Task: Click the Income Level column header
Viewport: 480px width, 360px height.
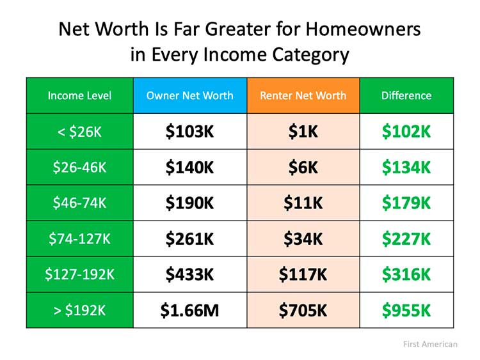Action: [x=79, y=96]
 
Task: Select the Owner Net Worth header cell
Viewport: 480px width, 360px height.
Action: [x=190, y=96]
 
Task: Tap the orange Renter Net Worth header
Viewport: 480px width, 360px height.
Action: [x=303, y=96]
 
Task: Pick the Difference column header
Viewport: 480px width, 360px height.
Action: [x=406, y=96]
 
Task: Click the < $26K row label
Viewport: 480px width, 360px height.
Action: [x=79, y=132]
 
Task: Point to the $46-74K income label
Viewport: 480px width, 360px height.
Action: [x=79, y=203]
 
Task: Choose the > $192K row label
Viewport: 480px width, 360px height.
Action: [x=79, y=311]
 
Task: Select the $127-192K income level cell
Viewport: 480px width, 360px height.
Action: [x=79, y=275]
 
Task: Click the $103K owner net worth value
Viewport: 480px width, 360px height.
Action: [x=190, y=132]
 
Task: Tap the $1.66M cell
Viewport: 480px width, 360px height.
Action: [x=190, y=311]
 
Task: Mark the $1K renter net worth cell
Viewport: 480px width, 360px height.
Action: [x=303, y=132]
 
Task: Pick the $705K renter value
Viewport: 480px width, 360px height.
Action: [x=303, y=311]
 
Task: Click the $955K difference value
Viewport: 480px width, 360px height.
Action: [x=406, y=311]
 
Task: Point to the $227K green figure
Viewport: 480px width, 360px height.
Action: [x=406, y=239]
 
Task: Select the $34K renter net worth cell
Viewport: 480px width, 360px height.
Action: [x=303, y=239]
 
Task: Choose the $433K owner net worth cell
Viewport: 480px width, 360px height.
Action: [x=190, y=275]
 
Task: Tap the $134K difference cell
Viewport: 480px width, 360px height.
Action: [x=406, y=168]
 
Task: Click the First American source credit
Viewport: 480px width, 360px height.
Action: [x=430, y=344]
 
